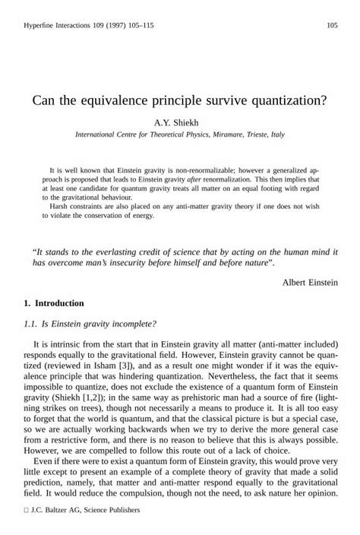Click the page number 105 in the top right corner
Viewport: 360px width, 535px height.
click(332, 26)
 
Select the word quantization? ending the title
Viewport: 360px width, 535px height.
click(291, 100)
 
